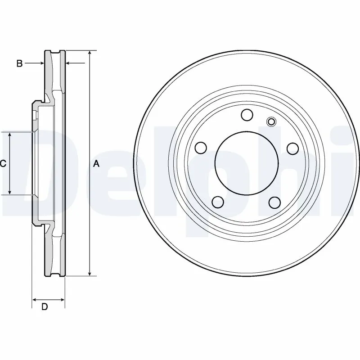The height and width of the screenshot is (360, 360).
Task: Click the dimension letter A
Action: [96, 164]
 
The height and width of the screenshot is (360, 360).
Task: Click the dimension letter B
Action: [19, 63]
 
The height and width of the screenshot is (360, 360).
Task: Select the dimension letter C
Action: [3, 164]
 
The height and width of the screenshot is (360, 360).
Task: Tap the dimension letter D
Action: [45, 306]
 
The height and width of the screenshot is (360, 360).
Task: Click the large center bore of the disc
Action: [247, 163]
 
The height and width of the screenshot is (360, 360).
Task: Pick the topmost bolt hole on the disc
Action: [247, 115]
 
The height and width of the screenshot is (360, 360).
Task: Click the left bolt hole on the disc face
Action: [201, 148]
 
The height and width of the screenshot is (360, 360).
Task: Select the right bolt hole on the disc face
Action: [293, 148]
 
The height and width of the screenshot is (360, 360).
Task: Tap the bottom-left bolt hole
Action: [218, 202]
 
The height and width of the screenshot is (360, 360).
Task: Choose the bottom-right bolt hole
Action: [275, 202]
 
